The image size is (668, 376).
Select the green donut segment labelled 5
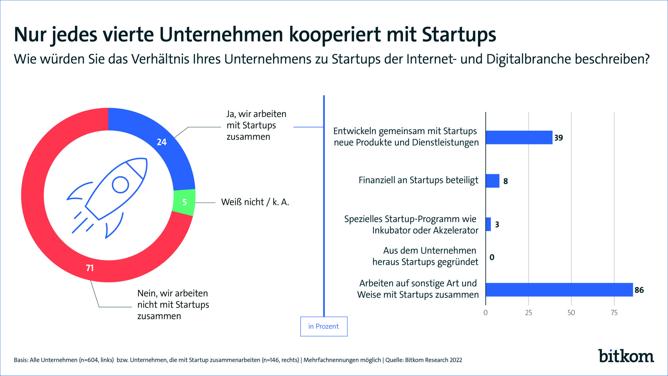[x=184, y=202]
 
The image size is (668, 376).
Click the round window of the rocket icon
[x=120, y=185]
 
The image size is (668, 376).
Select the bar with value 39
[x=519, y=137]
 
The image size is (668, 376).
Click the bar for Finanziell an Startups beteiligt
[x=492, y=181]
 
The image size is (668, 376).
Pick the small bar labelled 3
[x=488, y=224]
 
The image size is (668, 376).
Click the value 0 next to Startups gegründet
[x=492, y=257]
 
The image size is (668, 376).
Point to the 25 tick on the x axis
[x=529, y=313]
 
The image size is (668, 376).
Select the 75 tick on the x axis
[x=614, y=313]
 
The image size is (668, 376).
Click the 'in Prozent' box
[x=324, y=326]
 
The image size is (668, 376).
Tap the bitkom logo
[x=626, y=356]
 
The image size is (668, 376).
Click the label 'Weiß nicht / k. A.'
[x=255, y=202]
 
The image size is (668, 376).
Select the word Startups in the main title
[x=459, y=35]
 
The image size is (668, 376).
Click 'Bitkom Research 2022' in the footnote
[x=433, y=360]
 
